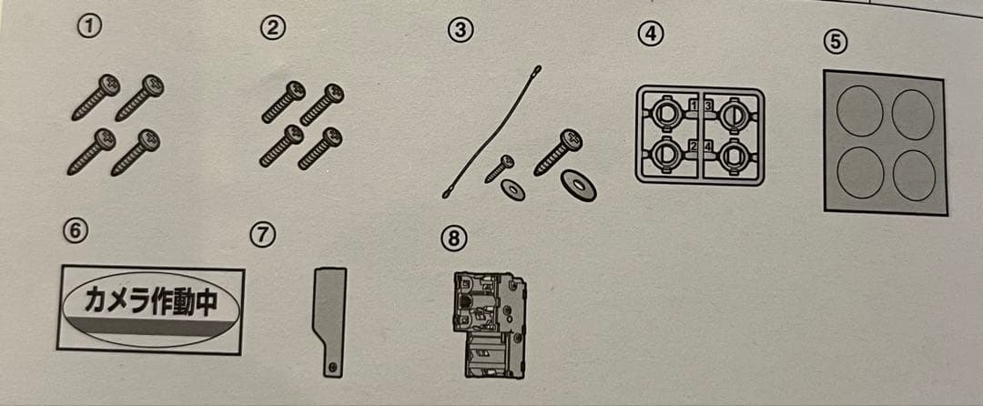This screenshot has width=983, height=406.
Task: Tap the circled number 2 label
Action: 273,29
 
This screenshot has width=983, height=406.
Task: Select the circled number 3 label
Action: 461,31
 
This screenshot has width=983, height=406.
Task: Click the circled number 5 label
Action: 836,42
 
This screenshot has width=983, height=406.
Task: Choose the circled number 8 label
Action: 453,239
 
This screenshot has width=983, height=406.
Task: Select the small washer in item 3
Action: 512,190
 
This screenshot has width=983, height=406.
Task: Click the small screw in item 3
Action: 499,169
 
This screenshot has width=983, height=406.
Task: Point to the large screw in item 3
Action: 557,152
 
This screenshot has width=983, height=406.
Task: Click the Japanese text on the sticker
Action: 150,302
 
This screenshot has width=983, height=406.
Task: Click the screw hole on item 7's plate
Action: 333,366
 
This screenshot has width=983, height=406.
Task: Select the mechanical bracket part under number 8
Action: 490,325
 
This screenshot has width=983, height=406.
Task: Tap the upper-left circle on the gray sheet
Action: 859,112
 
